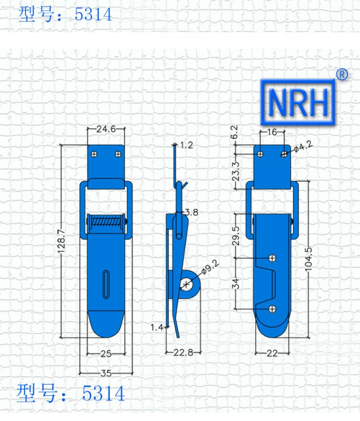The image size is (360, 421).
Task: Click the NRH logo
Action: (298, 102)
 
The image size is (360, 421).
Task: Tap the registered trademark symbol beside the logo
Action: (342, 74)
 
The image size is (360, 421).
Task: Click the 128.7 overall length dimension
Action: (61, 241)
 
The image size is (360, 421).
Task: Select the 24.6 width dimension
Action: (106, 129)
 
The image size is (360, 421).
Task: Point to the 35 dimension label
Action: (106, 373)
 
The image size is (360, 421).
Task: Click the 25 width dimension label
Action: (106, 354)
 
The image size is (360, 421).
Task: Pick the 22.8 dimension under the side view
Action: (183, 352)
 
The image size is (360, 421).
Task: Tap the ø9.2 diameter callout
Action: (210, 268)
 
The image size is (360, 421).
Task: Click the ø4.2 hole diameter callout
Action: (303, 147)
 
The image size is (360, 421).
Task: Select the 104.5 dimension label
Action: (309, 259)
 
